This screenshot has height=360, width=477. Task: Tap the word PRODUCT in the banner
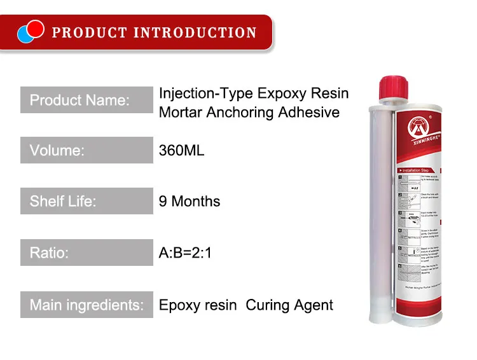coord(88,32)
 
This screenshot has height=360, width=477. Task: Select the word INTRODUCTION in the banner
coord(195,32)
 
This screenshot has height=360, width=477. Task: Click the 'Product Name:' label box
coord(86,100)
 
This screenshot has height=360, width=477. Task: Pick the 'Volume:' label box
coord(86,151)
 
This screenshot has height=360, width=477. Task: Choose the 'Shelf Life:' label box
coord(86,202)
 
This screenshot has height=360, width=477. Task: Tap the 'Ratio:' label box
coord(86,253)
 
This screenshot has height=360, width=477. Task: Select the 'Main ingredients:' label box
coord(86,305)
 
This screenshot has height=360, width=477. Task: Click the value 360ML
coord(181,151)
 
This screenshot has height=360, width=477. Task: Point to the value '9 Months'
coord(190,202)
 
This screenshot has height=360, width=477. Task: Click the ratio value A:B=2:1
coord(185,253)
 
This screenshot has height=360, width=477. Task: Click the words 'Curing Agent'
coord(289,305)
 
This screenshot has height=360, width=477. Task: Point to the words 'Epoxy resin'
coord(197,305)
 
